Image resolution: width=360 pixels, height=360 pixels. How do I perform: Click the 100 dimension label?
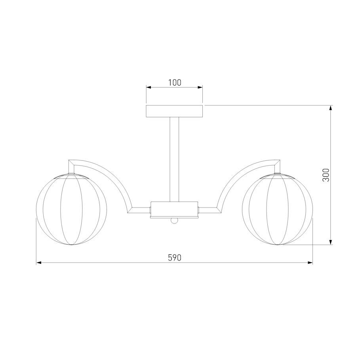pos(175,82)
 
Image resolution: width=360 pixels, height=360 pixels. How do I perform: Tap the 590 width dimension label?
pos(175,258)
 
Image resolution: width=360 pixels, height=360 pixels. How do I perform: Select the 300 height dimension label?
pos(326,175)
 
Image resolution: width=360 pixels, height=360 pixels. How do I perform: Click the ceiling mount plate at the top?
pos(174,111)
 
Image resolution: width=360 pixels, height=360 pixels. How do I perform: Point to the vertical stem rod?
pos(174,159)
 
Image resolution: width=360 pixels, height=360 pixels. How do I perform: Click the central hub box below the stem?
pos(174,210)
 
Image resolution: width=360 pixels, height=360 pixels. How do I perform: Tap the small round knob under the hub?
pos(174,221)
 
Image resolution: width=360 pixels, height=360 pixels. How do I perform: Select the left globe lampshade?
pos(71,209)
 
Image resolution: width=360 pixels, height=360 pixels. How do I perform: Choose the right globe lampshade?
pos(277,209)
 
